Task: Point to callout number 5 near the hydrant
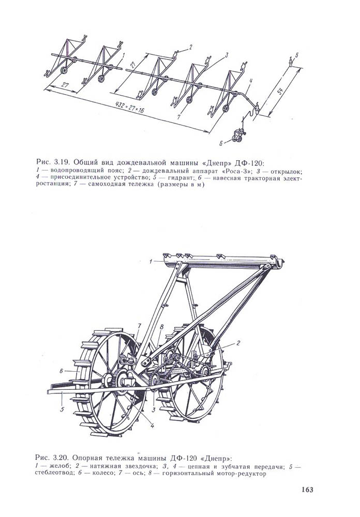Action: [x=297, y=54]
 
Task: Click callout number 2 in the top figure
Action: [x=190, y=47]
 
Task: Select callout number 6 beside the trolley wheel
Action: [x=61, y=370]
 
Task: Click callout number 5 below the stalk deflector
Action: [x=61, y=409]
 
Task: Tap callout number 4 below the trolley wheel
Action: [x=153, y=425]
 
